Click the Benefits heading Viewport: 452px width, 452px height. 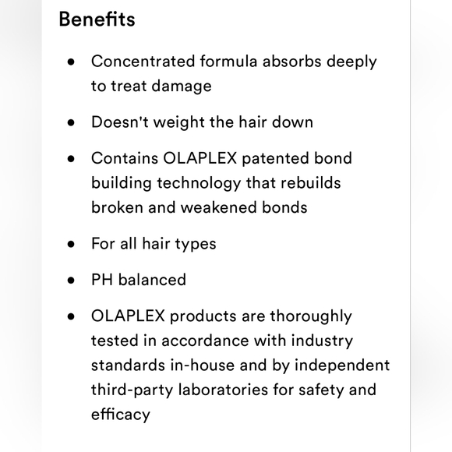[x=97, y=19]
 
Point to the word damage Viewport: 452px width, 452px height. [x=181, y=86]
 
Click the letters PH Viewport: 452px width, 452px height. [x=102, y=280]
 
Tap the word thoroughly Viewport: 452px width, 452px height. [x=310, y=316]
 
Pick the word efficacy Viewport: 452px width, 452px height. [x=120, y=415]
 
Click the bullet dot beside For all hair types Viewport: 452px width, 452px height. [x=72, y=244]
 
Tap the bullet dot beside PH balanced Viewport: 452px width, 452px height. [x=72, y=281]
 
